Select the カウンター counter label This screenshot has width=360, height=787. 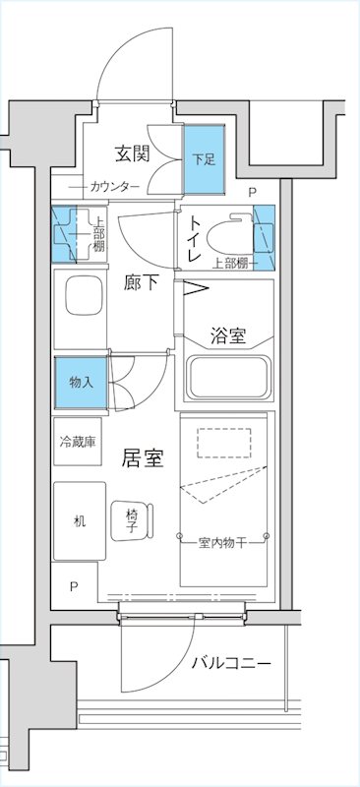coord(114,187)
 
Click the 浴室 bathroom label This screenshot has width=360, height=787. coord(227,335)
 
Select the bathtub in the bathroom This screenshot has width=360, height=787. coord(228,380)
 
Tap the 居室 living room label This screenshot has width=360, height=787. coord(142,457)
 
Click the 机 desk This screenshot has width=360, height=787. coord(79,521)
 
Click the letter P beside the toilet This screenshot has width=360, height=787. coord(252,193)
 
